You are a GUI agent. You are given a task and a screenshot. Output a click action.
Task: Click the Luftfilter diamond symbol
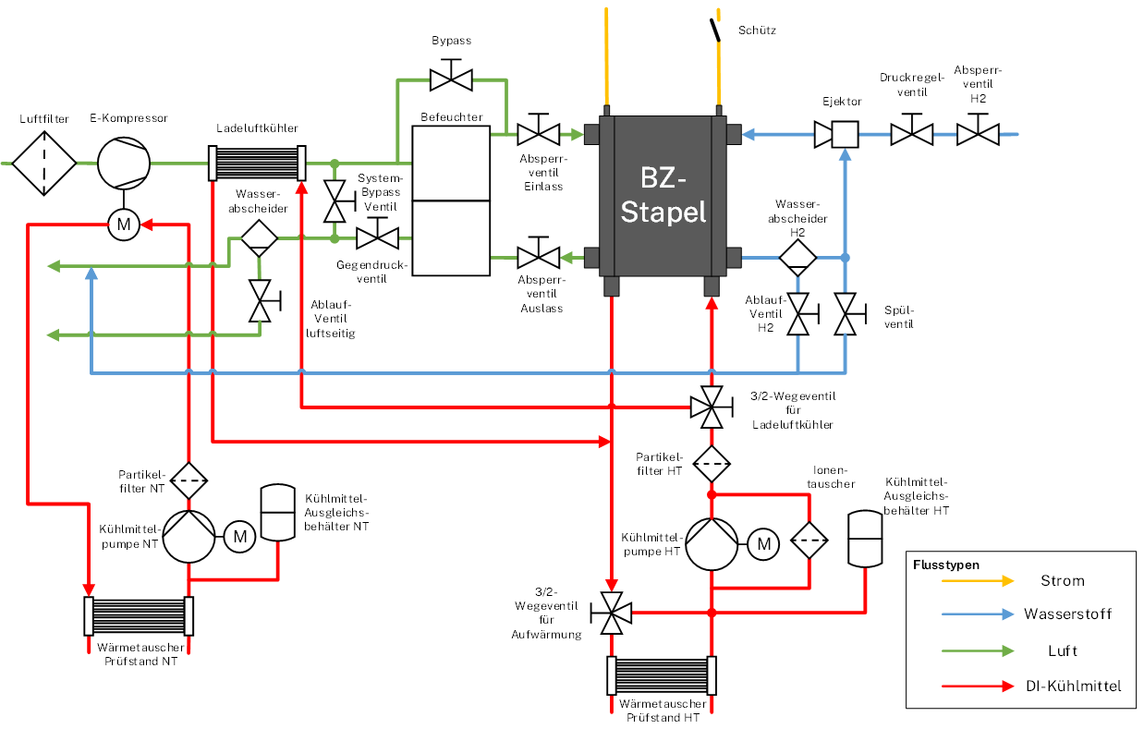click(x=44, y=163)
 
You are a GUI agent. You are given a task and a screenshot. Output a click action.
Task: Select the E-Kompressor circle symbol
click(x=123, y=163)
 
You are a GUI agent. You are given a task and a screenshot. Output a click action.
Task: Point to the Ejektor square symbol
click(x=844, y=135)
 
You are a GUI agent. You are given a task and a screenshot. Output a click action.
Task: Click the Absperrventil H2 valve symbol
click(x=978, y=134)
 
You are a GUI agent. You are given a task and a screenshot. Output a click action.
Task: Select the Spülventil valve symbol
click(x=845, y=315)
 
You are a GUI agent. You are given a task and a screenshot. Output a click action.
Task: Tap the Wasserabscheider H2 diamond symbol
click(x=797, y=256)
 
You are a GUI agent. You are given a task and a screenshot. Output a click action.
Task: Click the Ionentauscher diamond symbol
click(x=809, y=541)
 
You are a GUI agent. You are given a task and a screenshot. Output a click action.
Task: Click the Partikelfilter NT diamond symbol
click(x=189, y=480)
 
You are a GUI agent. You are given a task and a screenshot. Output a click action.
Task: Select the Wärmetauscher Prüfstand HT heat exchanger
click(x=662, y=675)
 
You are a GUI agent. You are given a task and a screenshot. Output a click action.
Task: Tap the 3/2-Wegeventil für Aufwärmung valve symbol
click(x=612, y=613)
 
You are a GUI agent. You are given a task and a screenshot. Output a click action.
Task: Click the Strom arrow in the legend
click(x=977, y=581)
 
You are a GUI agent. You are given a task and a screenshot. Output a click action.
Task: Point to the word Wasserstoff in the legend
click(x=1067, y=614)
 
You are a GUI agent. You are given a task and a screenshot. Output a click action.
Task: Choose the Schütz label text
click(x=757, y=30)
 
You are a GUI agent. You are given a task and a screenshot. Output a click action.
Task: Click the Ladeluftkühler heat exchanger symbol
click(x=256, y=163)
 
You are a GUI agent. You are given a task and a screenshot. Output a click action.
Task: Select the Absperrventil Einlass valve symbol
click(x=539, y=134)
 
